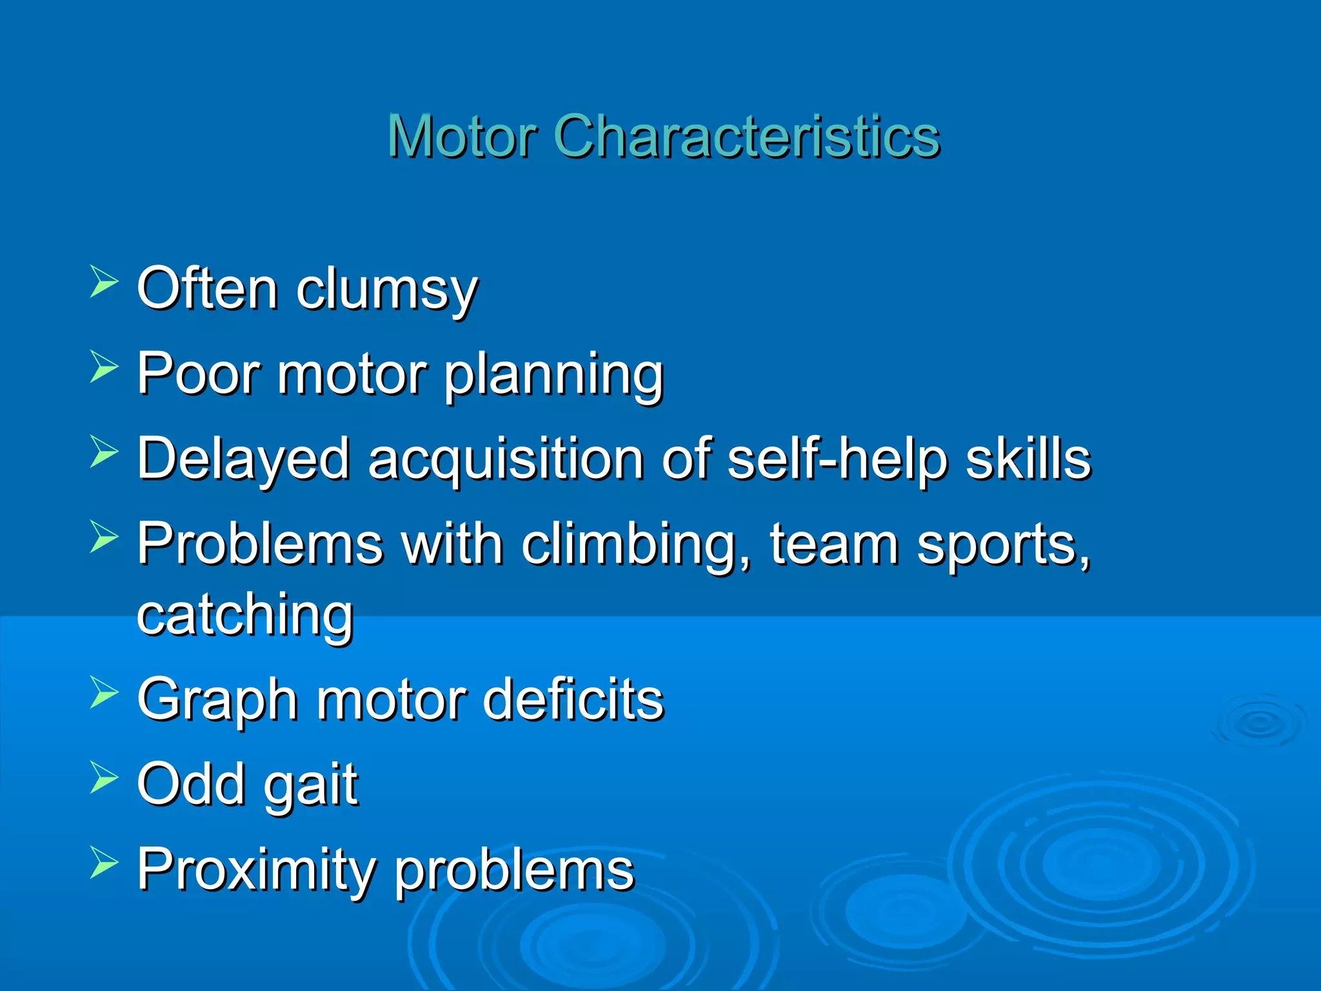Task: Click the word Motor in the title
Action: pos(462,136)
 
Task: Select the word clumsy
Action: pos(387,290)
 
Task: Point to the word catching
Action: pos(245,617)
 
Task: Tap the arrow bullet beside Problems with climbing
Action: pos(103,536)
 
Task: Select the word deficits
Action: pos(573,699)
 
